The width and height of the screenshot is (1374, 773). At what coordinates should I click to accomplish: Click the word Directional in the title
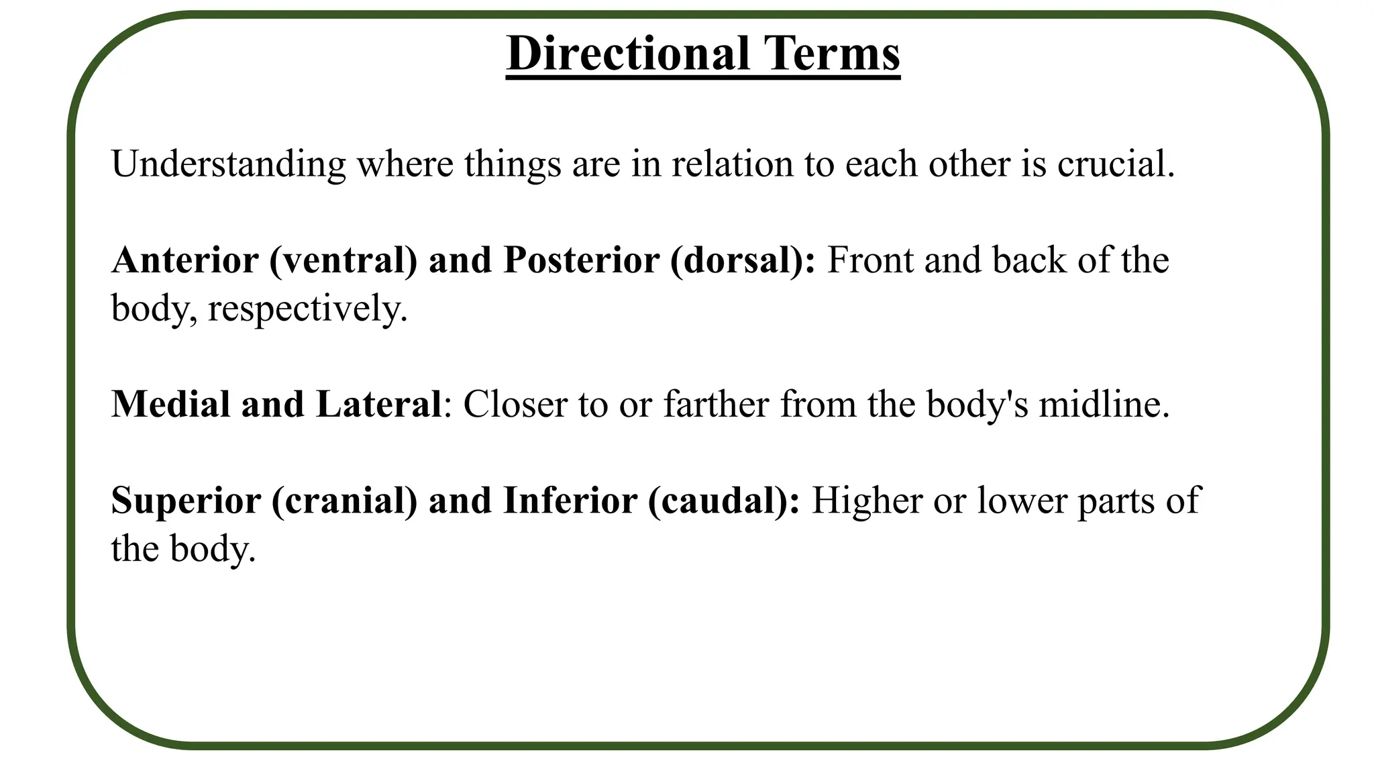pos(628,53)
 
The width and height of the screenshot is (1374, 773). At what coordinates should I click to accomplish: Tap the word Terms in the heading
pos(832,53)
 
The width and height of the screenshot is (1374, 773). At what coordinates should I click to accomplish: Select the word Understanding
pos(228,164)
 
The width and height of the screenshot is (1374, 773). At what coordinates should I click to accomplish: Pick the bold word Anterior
pos(185,260)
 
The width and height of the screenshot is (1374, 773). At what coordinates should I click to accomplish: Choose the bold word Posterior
pos(581,260)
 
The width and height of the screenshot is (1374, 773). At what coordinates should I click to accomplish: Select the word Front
pos(870,260)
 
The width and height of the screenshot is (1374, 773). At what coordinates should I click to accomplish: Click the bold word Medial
pos(170,404)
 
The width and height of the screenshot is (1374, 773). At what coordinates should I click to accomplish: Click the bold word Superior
pos(186,501)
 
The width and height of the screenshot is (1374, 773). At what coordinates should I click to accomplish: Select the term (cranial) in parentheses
pos(345,501)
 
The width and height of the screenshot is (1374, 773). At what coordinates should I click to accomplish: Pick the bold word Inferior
pos(570,501)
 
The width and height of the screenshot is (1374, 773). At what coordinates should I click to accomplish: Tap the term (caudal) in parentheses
pos(724,501)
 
